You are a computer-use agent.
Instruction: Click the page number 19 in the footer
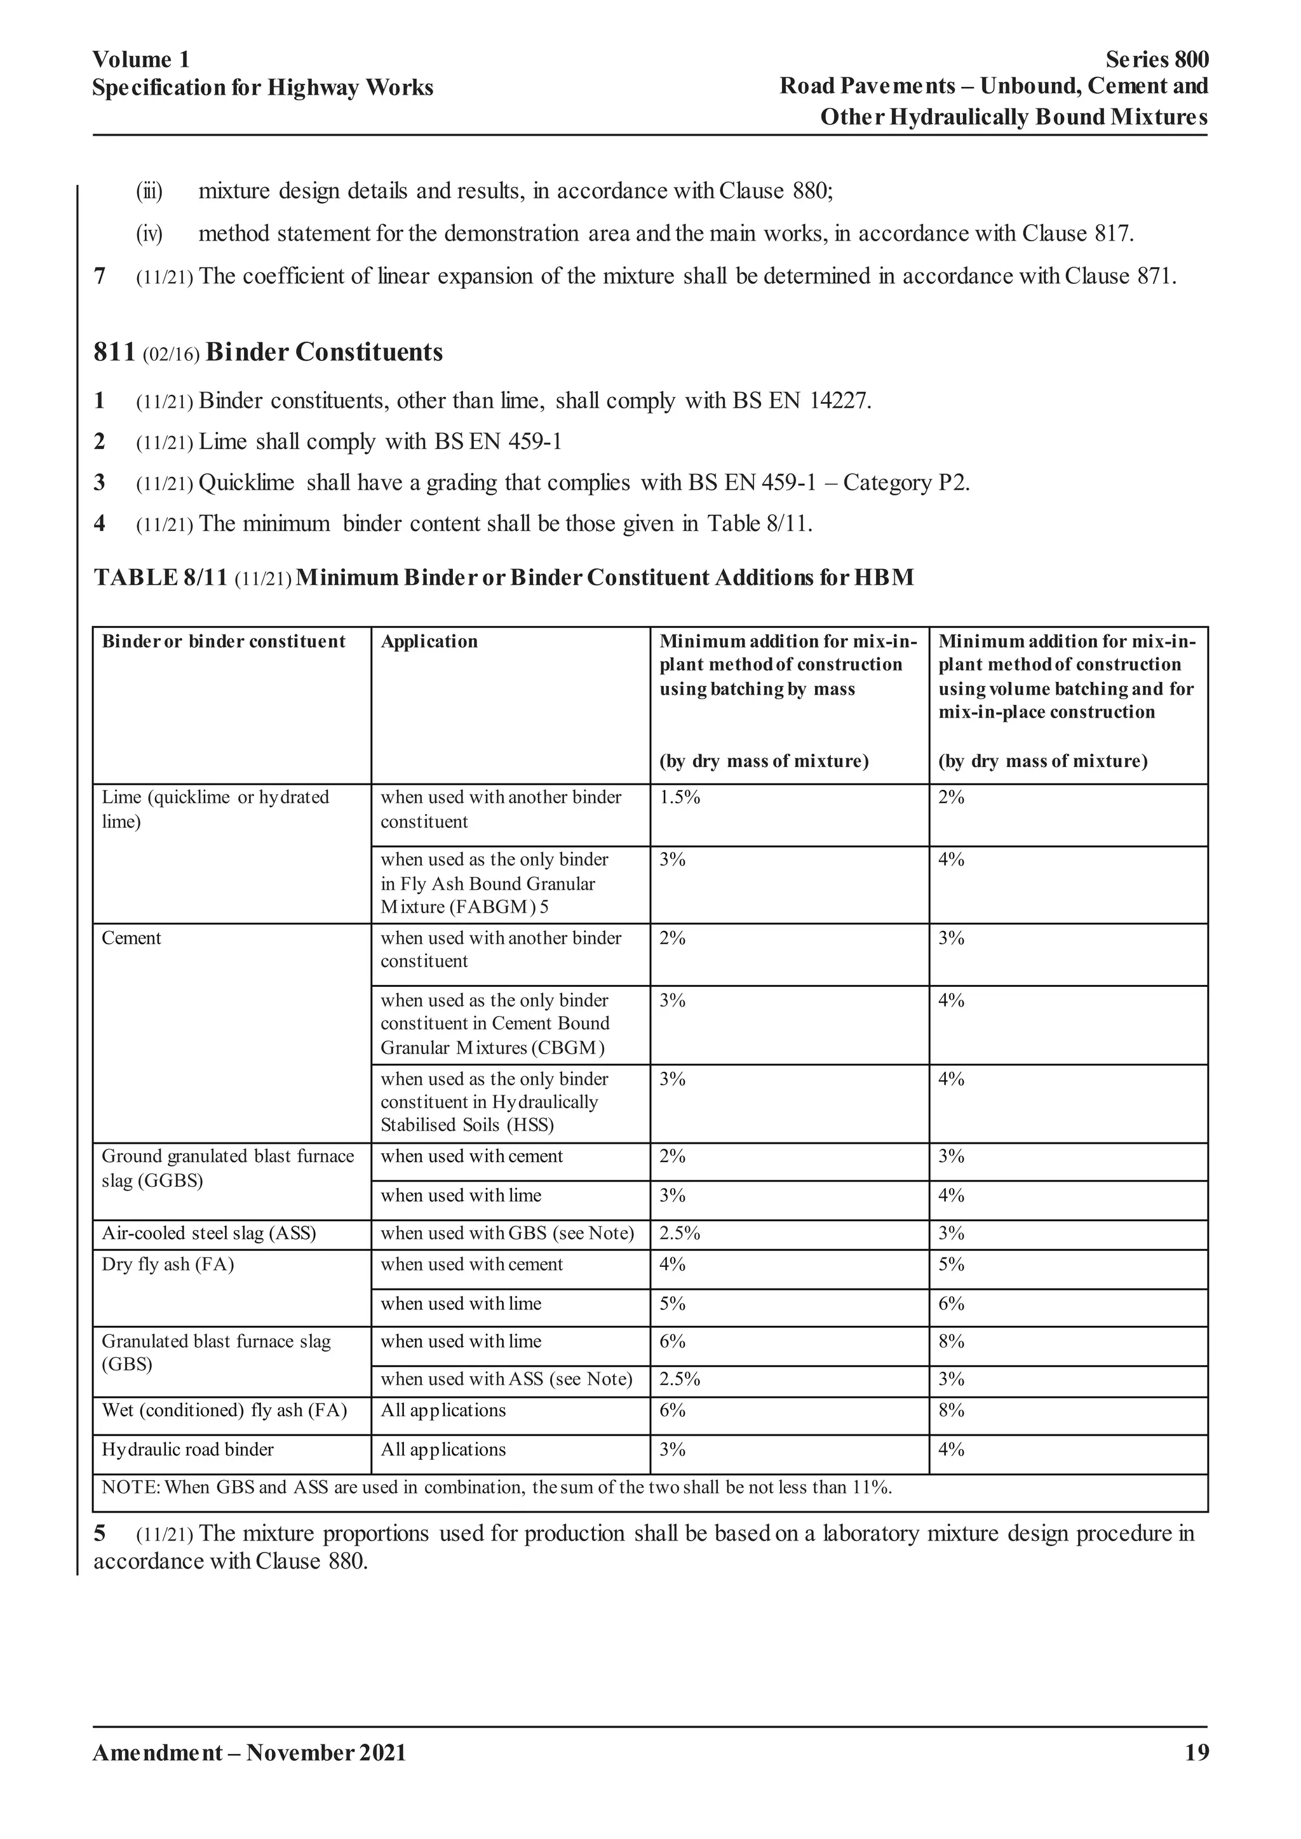tap(1196, 1753)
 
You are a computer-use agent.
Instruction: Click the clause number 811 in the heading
tap(113, 352)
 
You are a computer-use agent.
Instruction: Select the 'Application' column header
tap(429, 641)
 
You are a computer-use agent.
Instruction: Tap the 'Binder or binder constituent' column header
tap(224, 641)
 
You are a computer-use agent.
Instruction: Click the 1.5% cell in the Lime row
tap(679, 798)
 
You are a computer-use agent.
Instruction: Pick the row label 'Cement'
tap(131, 938)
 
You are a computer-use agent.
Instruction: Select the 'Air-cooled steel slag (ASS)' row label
tap(208, 1233)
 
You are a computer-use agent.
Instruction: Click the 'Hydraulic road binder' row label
tap(187, 1450)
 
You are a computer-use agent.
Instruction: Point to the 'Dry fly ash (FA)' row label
tap(168, 1265)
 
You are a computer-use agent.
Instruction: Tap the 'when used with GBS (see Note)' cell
tap(507, 1233)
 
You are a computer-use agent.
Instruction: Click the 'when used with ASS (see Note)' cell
tap(506, 1379)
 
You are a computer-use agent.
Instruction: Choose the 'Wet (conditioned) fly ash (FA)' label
tap(224, 1410)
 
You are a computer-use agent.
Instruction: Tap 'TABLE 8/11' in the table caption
tap(160, 578)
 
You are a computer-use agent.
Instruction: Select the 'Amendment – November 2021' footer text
tap(249, 1753)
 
